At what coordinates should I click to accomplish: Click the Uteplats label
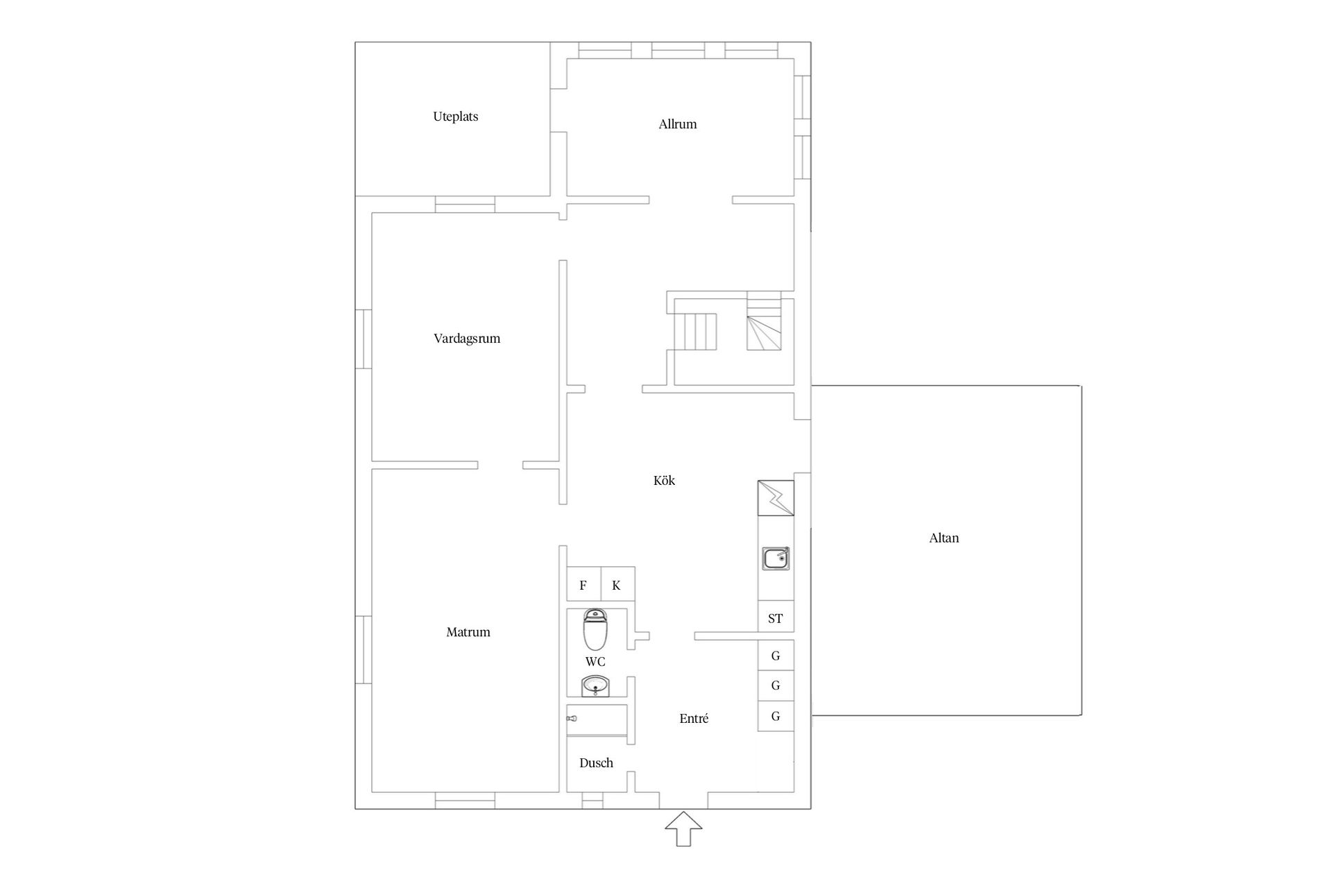(x=456, y=117)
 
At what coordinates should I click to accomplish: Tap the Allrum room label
(x=678, y=124)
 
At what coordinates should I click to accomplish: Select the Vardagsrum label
(x=467, y=339)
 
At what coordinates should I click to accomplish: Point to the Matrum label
(x=468, y=632)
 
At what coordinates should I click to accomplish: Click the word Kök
(x=664, y=480)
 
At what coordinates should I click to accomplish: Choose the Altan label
(x=944, y=538)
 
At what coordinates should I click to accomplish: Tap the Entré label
(x=694, y=719)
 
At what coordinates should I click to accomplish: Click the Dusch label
(x=596, y=763)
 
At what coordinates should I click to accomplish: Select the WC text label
(x=595, y=662)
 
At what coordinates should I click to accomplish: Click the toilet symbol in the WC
(x=595, y=629)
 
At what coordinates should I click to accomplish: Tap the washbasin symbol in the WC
(x=595, y=686)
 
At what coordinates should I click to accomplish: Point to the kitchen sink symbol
(x=776, y=558)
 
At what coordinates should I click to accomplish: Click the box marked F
(x=583, y=584)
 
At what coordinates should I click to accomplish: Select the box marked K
(x=617, y=584)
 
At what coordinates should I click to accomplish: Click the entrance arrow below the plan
(x=683, y=829)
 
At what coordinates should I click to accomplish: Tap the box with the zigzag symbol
(x=776, y=498)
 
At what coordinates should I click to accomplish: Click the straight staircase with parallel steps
(x=697, y=332)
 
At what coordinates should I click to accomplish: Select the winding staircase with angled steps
(x=764, y=325)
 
